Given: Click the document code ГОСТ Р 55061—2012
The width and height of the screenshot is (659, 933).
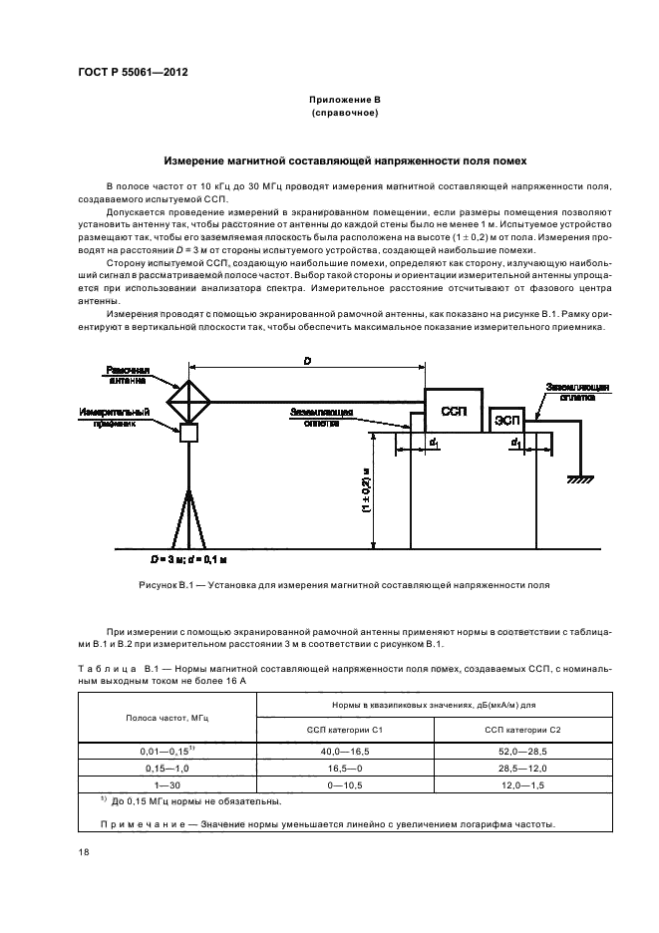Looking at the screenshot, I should (133, 74).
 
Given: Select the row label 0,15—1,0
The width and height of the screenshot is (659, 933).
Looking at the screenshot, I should (166, 768).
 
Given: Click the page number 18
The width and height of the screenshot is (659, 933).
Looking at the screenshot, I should (83, 850).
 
